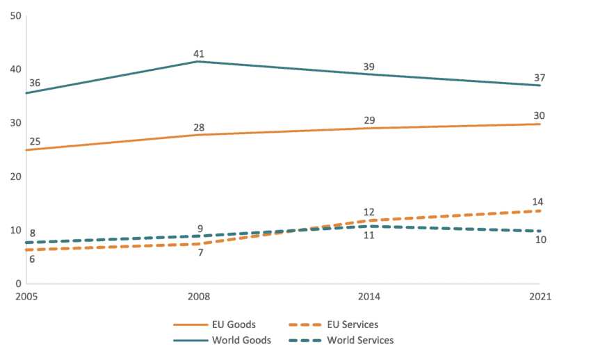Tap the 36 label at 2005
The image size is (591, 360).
(x=35, y=83)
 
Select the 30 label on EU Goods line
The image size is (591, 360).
(x=539, y=115)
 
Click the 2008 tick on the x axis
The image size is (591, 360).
(x=198, y=296)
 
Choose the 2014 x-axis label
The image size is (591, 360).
(x=369, y=296)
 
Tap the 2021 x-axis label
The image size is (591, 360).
(x=539, y=296)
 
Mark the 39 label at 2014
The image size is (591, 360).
(x=369, y=67)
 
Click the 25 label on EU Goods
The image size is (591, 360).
(x=35, y=142)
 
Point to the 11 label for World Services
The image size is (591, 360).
(x=369, y=236)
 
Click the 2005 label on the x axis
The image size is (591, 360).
(x=26, y=296)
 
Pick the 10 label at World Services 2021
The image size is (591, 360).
(x=539, y=240)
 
